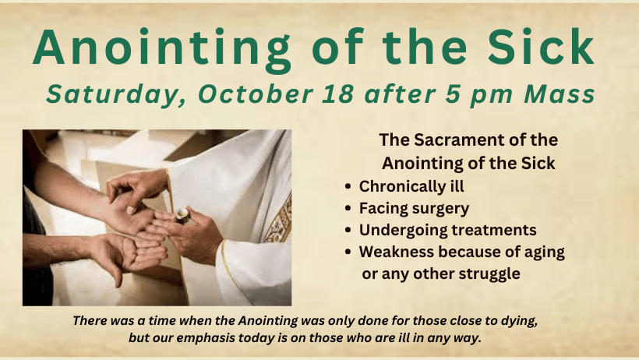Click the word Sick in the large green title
point(541,47)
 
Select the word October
point(256,94)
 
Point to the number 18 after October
point(338,94)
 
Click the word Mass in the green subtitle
point(560,94)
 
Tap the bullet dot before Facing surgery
point(348,208)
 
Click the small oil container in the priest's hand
point(182,215)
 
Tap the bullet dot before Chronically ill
point(348,187)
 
